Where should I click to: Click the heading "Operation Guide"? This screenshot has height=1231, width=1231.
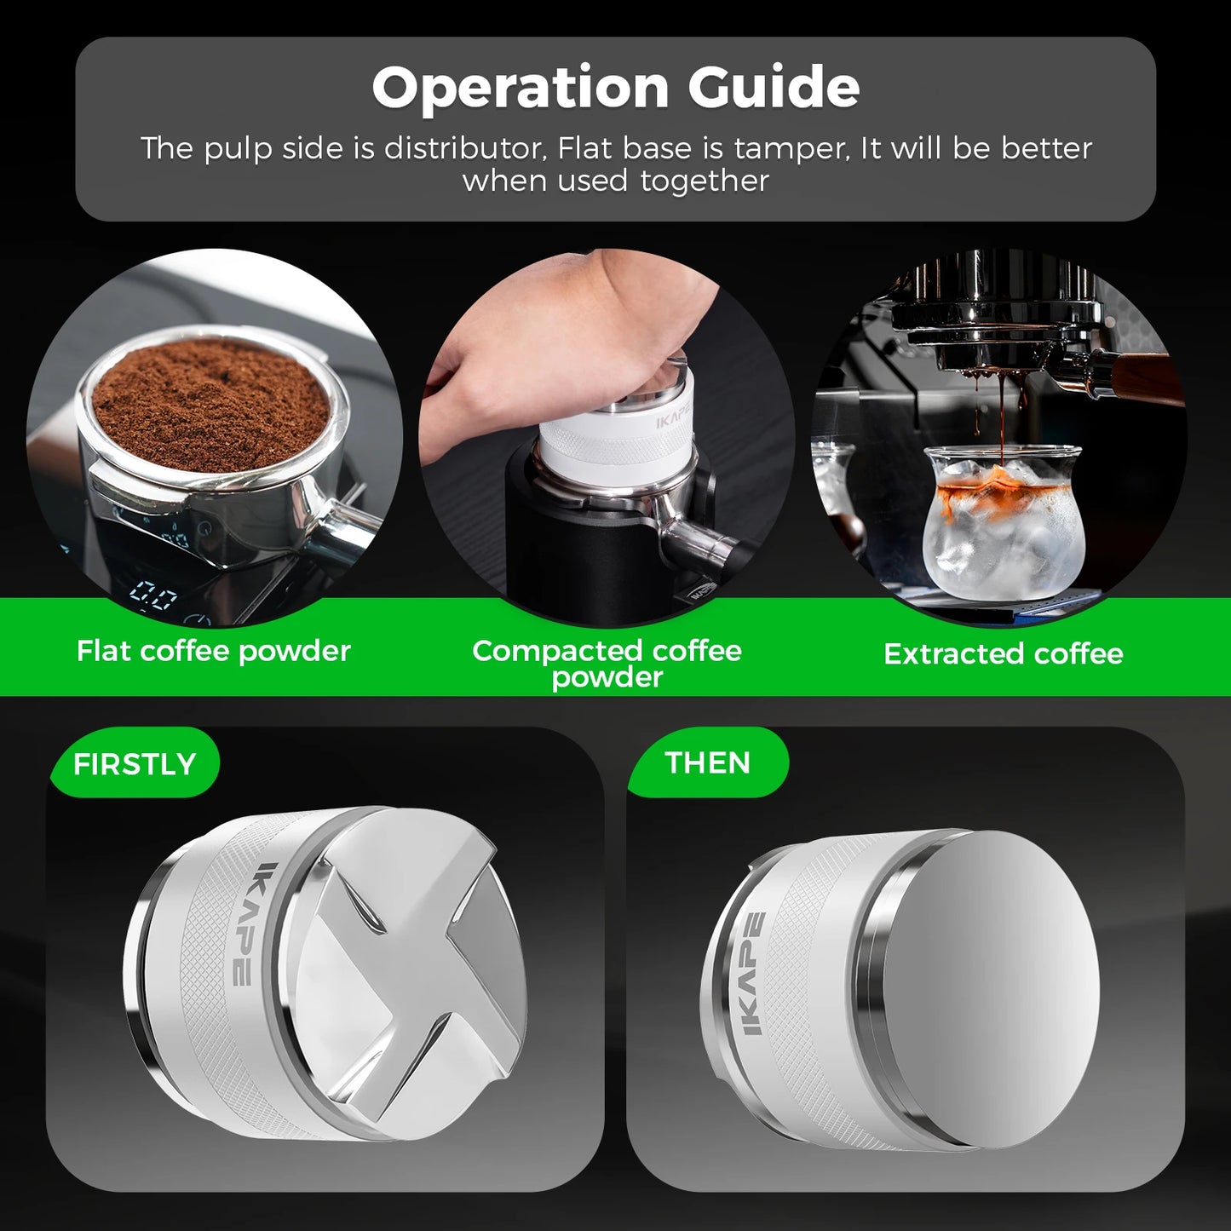[615, 88]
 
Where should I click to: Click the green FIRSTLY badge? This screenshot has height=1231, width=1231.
[135, 763]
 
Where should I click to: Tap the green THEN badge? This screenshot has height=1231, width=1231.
[707, 762]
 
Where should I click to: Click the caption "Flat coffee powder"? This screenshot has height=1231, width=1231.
[213, 651]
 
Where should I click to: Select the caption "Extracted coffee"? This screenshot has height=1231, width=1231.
[1003, 653]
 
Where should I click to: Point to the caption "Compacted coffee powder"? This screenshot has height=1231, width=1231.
[607, 663]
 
